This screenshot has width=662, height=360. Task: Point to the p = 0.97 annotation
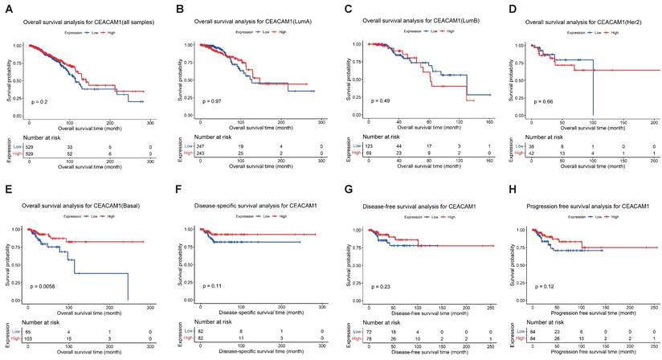(x=211, y=101)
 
